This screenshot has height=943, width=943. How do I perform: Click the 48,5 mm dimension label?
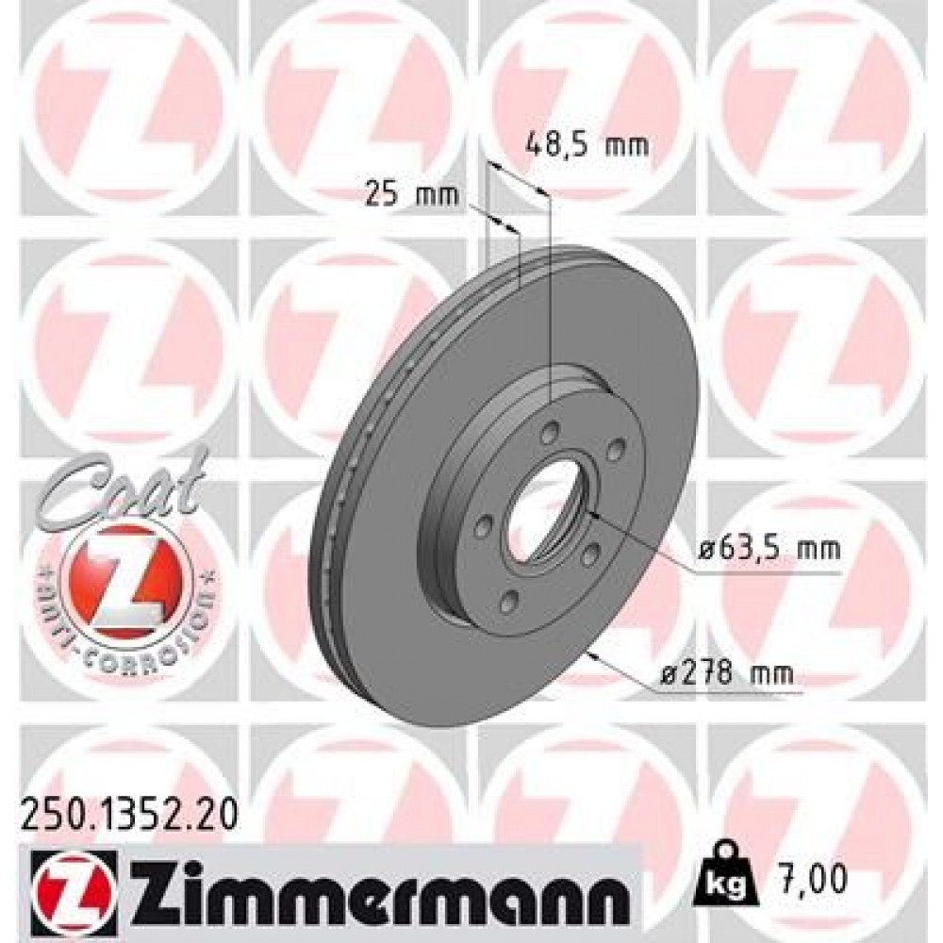pyautogui.click(x=587, y=145)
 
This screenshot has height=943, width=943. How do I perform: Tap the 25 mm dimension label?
pyautogui.click(x=410, y=196)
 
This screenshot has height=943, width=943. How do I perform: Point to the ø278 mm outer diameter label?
pyautogui.click(x=726, y=673)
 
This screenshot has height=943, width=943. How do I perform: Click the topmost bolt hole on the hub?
pyautogui.click(x=550, y=432)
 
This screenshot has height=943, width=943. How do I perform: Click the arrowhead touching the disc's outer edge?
pyautogui.click(x=592, y=653)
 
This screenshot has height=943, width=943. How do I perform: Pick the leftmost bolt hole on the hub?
pyautogui.click(x=482, y=521)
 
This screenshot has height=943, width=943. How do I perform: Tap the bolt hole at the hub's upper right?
pyautogui.click(x=617, y=450)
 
